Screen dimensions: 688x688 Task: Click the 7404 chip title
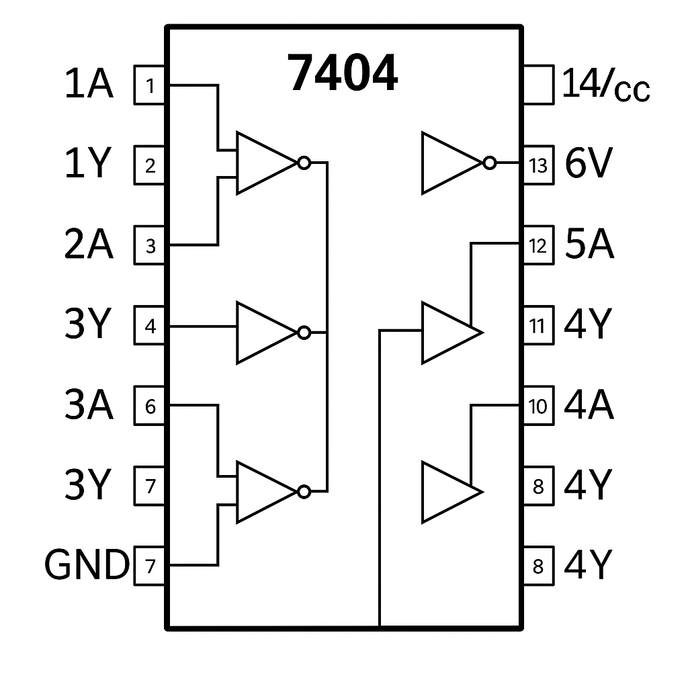click(343, 73)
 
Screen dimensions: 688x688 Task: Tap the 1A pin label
click(89, 84)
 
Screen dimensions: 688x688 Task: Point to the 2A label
click(89, 244)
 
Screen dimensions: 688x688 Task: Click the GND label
click(87, 564)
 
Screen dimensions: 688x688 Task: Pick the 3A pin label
click(89, 404)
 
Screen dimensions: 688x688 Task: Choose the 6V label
click(589, 163)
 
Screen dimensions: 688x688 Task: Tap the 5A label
click(589, 244)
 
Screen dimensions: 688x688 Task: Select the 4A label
click(589, 404)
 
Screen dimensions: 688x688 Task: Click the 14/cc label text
click(605, 85)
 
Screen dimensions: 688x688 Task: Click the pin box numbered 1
click(149, 85)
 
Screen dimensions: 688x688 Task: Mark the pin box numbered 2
click(149, 165)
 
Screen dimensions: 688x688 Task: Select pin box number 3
click(149, 245)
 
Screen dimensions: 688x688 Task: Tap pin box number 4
click(149, 325)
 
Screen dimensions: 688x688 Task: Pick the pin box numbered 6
click(149, 405)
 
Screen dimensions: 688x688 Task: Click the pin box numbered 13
click(539, 165)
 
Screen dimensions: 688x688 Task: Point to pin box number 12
click(539, 245)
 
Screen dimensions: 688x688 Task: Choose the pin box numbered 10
click(539, 405)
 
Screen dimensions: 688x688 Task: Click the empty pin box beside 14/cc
click(539, 85)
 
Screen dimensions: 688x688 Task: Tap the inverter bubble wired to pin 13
click(490, 163)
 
